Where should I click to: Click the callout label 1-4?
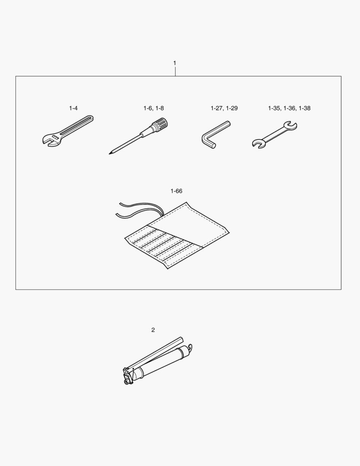tap(73, 108)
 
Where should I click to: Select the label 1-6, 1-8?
tap(153, 108)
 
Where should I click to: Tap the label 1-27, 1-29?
tap(224, 108)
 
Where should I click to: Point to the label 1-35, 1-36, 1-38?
tap(289, 108)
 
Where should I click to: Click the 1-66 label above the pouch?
tap(176, 191)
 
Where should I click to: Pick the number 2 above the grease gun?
tap(153, 330)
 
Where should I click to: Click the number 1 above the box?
tap(175, 63)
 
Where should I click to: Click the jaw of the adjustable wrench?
tap(49, 140)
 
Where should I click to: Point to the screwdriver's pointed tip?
tap(110, 154)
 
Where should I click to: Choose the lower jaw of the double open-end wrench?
tap(258, 144)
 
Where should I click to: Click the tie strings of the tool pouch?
tap(140, 210)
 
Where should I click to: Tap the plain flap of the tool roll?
tap(190, 225)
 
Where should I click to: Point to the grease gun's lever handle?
tap(154, 354)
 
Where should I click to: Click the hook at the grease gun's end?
tap(189, 347)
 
